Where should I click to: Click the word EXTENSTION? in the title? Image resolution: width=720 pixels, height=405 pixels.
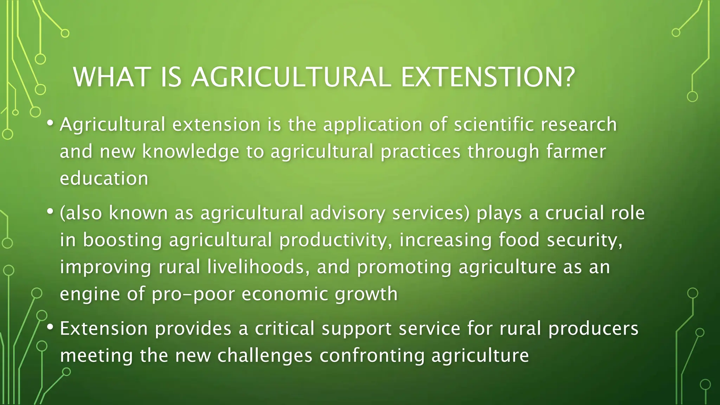point(488,77)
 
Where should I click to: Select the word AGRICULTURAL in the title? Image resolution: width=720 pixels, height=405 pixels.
point(291,77)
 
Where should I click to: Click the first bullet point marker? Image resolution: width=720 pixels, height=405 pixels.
point(50,123)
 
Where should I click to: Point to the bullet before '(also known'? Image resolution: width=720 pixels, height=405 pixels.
point(50,212)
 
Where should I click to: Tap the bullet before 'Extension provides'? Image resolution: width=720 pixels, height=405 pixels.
point(50,327)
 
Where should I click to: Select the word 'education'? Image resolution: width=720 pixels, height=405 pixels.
point(104,178)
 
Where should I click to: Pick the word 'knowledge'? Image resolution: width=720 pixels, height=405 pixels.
point(191,152)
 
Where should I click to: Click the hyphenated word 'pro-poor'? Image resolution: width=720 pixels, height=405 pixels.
point(193,294)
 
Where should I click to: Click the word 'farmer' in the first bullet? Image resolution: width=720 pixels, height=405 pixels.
point(576,152)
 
